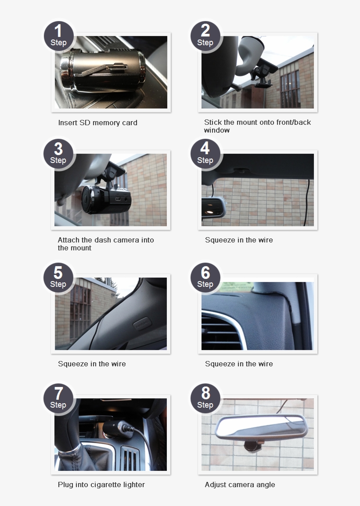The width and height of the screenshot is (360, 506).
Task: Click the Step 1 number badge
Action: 58,36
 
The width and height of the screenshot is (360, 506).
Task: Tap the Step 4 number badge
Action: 205,154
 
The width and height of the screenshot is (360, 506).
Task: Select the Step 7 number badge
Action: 58,398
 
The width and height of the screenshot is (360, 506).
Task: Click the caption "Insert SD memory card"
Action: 98,123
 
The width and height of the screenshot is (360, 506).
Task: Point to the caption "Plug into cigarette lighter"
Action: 101,485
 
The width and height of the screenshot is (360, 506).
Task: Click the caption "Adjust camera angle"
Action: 240,485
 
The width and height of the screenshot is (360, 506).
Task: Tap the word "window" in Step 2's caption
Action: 217,130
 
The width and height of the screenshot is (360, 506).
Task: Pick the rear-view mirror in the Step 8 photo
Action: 261,426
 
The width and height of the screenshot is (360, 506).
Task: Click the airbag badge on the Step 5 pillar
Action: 142,324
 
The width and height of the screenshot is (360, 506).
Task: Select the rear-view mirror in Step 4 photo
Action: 213,207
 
